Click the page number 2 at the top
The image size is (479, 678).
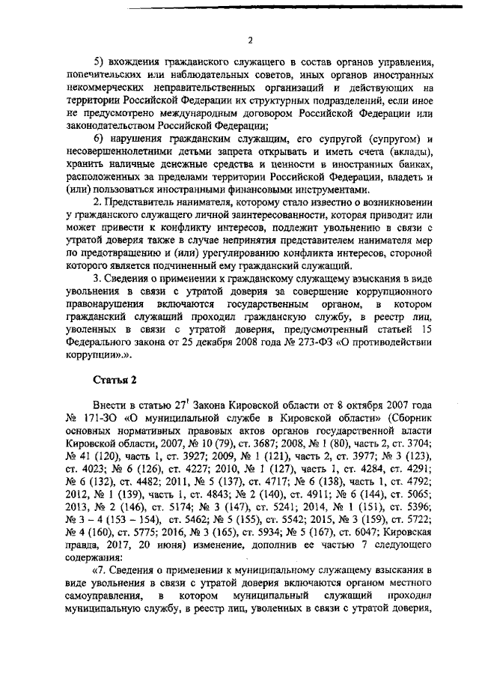point(251,40)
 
